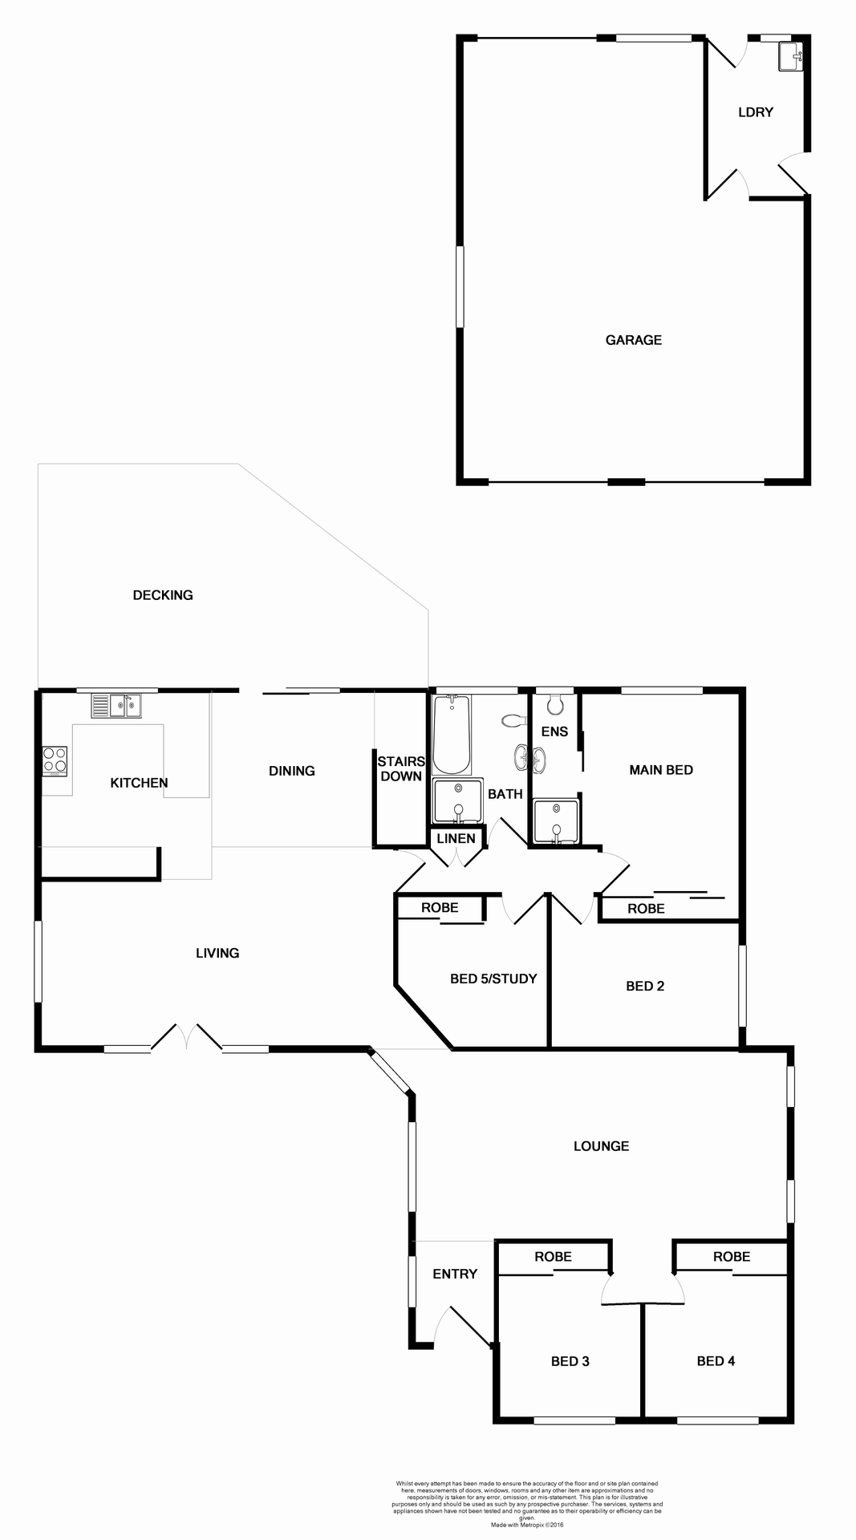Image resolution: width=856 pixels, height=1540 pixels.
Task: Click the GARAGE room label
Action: (x=633, y=340)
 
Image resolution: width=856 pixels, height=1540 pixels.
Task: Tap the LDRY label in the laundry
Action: (x=755, y=112)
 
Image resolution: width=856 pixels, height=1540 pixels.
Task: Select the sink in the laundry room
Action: (x=789, y=57)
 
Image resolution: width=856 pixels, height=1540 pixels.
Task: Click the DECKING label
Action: (x=163, y=595)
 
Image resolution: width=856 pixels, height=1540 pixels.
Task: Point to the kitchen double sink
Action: (x=116, y=706)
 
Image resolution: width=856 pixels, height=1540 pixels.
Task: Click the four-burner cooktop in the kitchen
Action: (x=55, y=760)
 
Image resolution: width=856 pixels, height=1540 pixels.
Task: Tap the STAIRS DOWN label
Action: (x=401, y=769)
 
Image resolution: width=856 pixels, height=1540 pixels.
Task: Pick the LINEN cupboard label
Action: (x=456, y=839)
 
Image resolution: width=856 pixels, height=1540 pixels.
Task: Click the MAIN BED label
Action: (x=661, y=770)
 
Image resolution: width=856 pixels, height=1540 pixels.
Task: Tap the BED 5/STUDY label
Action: (x=493, y=979)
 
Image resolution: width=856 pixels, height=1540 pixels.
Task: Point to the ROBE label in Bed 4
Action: (x=732, y=1257)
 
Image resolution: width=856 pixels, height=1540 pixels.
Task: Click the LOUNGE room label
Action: (x=601, y=1146)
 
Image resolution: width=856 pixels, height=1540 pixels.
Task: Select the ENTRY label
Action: (x=455, y=1274)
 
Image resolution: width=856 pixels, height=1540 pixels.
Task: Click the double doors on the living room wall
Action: (x=186, y=1036)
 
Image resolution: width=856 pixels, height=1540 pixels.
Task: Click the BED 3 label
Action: (x=570, y=1361)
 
